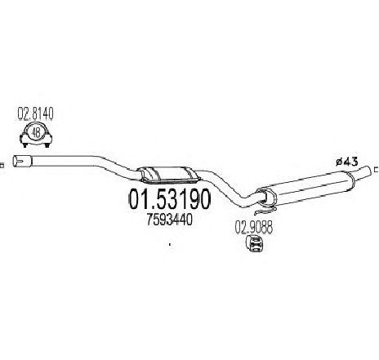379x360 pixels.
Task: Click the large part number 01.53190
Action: (170, 199)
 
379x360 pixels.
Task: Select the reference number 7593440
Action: (170, 220)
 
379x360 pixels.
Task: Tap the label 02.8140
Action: (35, 114)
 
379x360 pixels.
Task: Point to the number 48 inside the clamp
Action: (36, 133)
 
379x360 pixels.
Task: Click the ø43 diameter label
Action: (346, 162)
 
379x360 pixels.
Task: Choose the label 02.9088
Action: (253, 228)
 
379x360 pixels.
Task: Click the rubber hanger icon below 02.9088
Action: (255, 243)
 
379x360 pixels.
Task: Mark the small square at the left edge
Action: (2, 165)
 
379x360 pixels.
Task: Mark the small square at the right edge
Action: (377, 170)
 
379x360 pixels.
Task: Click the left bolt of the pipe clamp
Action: (25, 145)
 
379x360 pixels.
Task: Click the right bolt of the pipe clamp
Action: (47, 145)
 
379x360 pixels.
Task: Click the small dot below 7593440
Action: (170, 244)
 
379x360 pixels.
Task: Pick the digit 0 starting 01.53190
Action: (135, 199)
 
